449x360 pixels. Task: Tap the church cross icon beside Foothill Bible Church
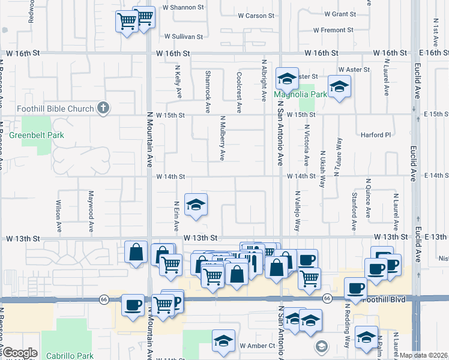[103, 108]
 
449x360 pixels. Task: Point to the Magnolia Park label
[301, 94]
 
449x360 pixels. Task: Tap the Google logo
[19, 353]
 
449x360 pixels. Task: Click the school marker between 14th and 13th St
[196, 205]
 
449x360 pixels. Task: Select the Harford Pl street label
[375, 135]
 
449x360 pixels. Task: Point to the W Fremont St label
[333, 30]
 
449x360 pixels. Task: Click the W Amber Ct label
[257, 346]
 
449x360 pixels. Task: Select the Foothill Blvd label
[384, 298]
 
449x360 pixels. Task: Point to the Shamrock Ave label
[208, 92]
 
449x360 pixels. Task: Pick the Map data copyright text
[424, 355]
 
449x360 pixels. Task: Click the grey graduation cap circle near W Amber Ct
[322, 346]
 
